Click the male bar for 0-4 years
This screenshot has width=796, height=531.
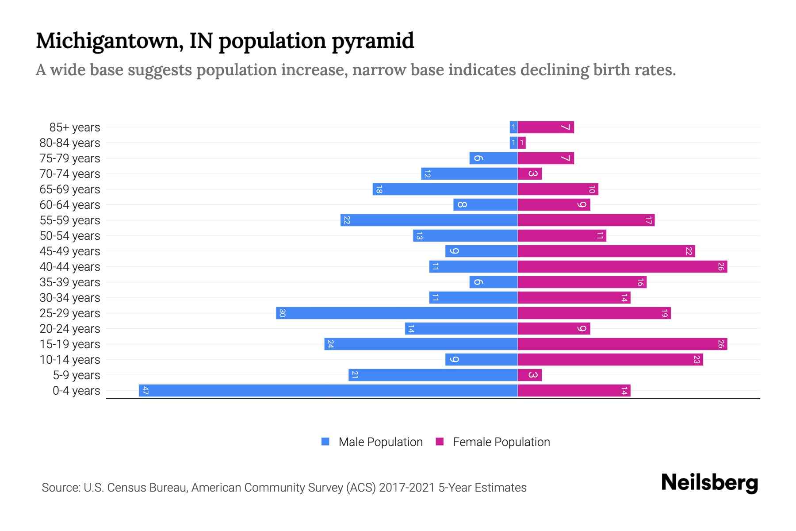[x=328, y=391]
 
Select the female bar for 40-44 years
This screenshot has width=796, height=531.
[x=622, y=267]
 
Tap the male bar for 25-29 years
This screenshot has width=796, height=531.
[x=397, y=313]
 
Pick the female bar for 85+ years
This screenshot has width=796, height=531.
[x=546, y=127]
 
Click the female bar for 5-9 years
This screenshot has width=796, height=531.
[x=530, y=375]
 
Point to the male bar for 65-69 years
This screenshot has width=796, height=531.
[x=445, y=189]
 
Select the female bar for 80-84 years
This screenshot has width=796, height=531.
[x=522, y=143]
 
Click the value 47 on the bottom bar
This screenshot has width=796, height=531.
[x=145, y=391]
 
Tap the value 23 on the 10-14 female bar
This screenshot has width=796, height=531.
[x=696, y=360]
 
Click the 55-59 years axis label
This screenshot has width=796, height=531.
[x=70, y=220]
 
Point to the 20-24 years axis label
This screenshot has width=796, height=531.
[x=70, y=329]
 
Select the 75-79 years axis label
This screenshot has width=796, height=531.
[x=70, y=158]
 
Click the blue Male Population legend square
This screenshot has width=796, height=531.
[x=325, y=442]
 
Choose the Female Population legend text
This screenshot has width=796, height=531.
[x=501, y=442]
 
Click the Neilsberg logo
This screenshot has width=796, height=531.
[x=709, y=483]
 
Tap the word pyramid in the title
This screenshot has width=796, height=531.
[x=373, y=41]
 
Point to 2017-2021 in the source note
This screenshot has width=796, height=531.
[x=406, y=488]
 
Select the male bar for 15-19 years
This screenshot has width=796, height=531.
[x=421, y=344]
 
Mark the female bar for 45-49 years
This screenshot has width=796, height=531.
[x=606, y=251]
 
